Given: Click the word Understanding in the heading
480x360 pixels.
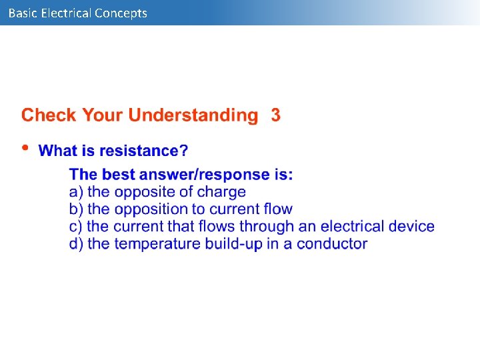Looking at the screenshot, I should tap(193, 115).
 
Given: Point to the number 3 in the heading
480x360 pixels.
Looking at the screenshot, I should tap(275, 115).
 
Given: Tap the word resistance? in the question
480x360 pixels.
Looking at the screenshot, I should tap(147, 151).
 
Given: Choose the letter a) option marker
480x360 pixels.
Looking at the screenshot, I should tap(76, 192).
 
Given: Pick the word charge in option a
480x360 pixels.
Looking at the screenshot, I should tap(221, 192).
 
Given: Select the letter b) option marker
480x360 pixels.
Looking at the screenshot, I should tap(76, 209).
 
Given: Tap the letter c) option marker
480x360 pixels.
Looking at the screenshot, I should tap(76, 227).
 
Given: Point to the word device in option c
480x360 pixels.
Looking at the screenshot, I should tap(409, 227).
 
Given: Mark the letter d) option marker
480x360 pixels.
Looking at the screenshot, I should tap(76, 244).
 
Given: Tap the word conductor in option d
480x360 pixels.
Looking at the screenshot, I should tap(332, 244).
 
